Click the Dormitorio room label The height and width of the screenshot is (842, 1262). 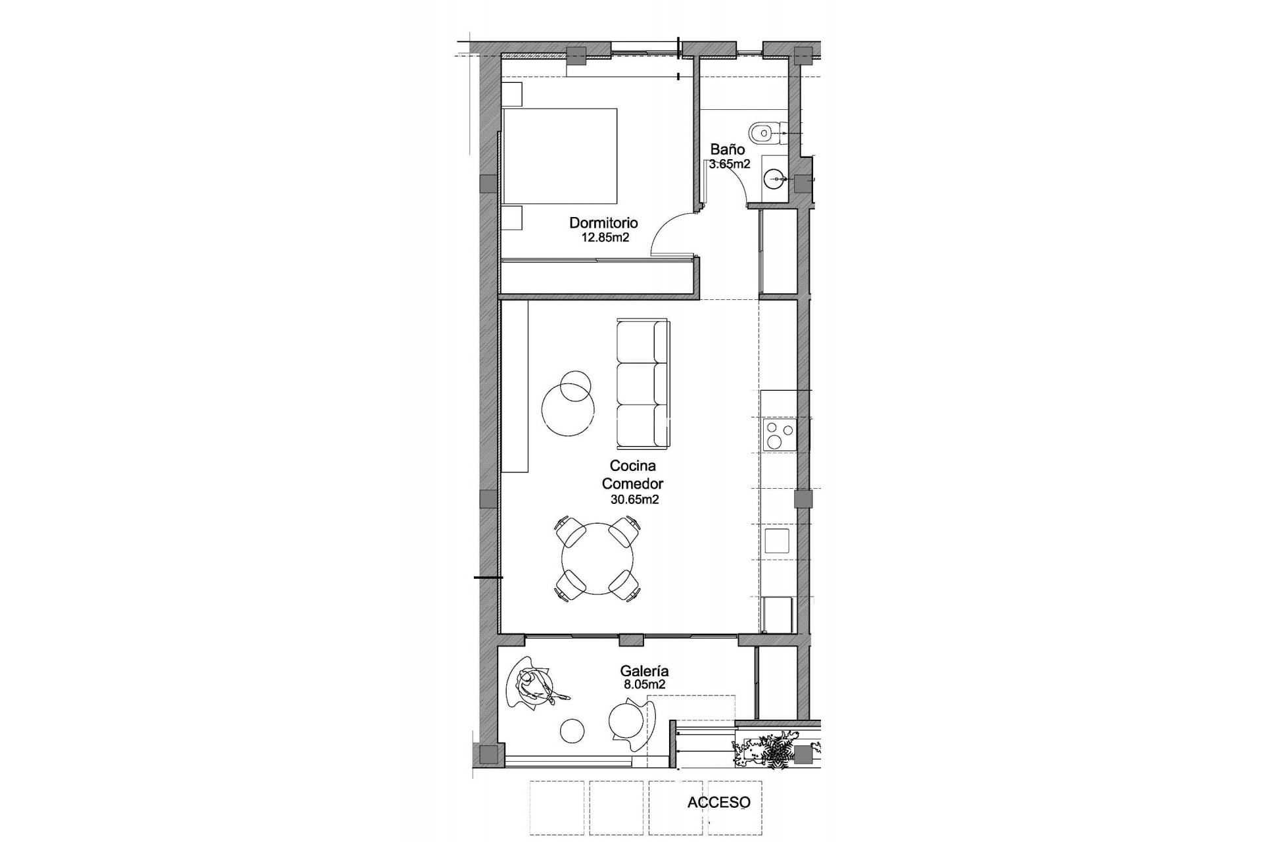pos(603,223)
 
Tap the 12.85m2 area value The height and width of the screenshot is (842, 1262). pos(605,237)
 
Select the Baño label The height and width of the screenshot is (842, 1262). pos(727,150)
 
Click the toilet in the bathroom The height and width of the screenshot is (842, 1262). pos(765,132)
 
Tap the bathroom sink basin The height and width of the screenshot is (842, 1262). pos(776,177)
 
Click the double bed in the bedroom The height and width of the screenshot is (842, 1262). pos(560,156)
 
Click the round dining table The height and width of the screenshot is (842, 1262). pos(597,558)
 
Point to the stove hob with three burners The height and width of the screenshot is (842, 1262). pos(779,435)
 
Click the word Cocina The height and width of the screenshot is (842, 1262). pos(632,466)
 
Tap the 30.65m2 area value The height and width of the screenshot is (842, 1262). pos(634,499)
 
